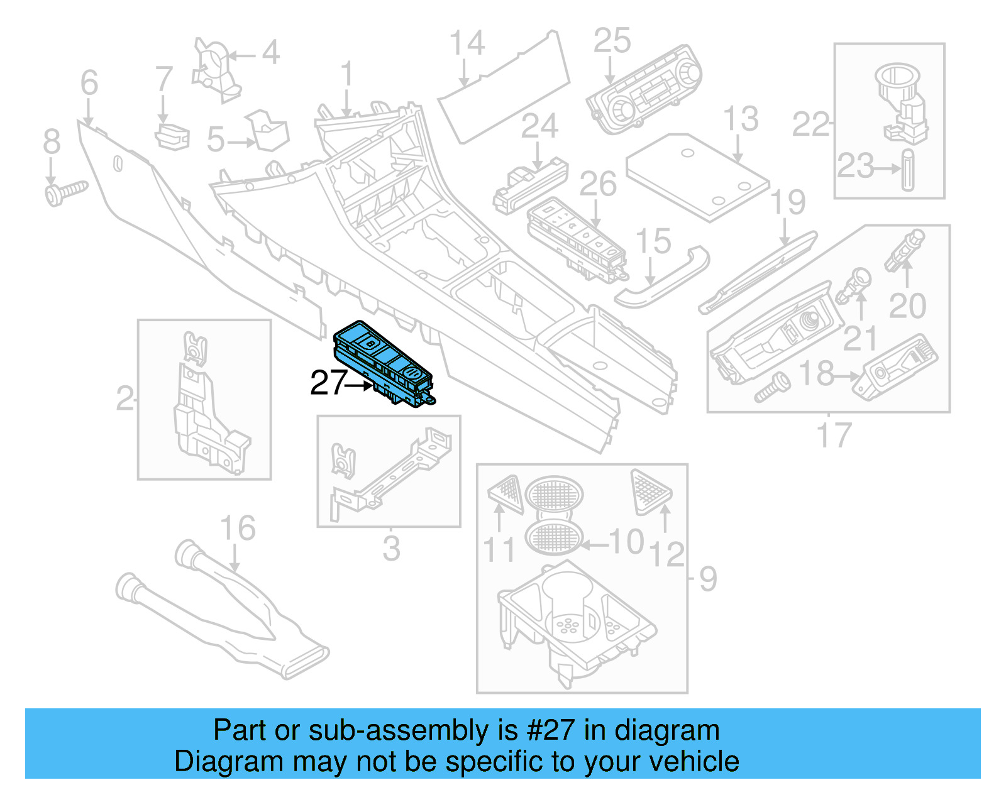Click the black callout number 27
(328, 383)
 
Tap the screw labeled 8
(65, 192)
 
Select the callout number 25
(612, 41)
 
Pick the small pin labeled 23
(907, 170)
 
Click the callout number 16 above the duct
(238, 529)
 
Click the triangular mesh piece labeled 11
(507, 493)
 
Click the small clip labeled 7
(172, 136)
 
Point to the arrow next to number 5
(242, 143)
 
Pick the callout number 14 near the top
(467, 44)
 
